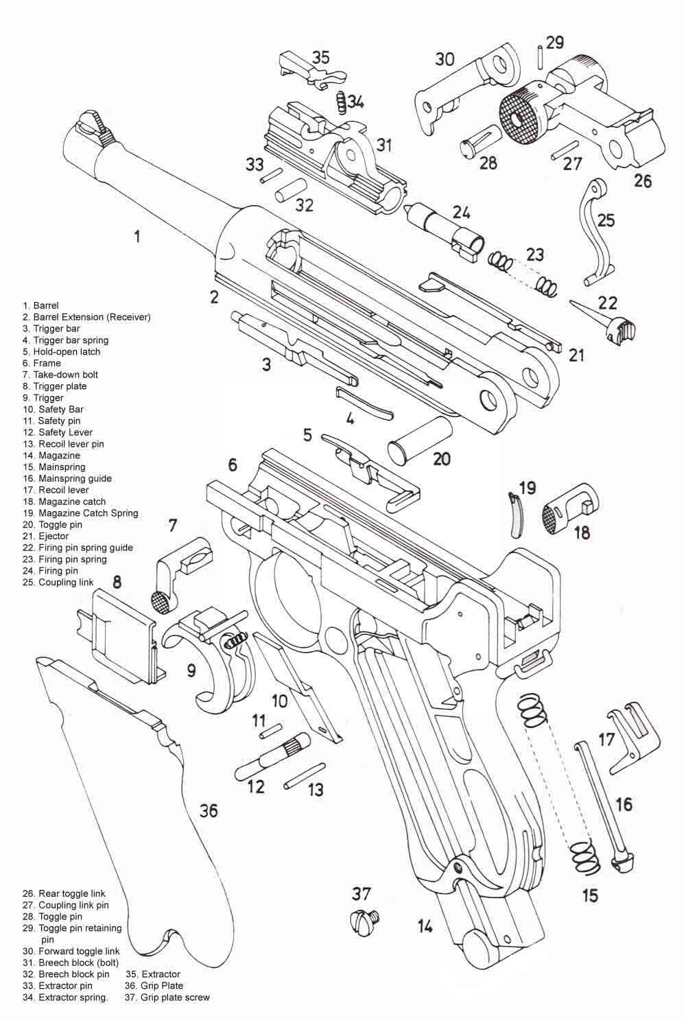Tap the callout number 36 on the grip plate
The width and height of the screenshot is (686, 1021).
(x=209, y=810)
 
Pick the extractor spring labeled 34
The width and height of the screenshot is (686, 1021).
(x=342, y=104)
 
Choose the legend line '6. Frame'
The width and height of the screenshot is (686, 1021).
(x=42, y=363)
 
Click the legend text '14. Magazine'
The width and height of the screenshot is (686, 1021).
(x=51, y=456)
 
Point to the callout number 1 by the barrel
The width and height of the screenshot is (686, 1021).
(x=137, y=237)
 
